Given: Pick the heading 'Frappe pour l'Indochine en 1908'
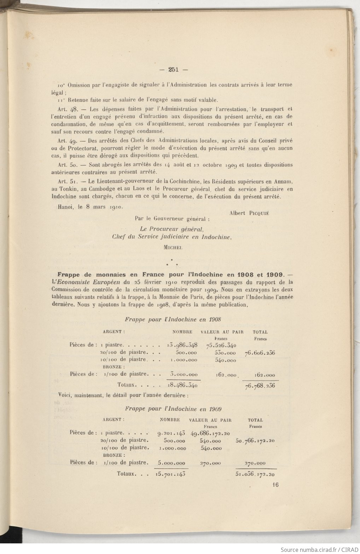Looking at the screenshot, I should coord(173,319).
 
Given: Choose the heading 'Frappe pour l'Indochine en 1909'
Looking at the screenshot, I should coord(173,409).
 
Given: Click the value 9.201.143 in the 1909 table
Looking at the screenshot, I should coord(172,433).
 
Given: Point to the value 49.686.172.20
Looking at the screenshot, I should coord(210,433).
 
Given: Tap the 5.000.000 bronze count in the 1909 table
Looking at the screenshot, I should coord(171,463).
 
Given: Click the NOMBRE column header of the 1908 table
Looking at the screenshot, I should coord(182,332).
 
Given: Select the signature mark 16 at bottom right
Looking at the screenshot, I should coord(275,485).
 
